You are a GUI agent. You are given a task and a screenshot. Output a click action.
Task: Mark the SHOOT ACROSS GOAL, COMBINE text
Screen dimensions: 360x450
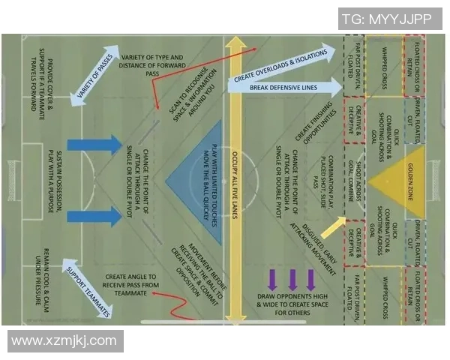click(352, 180)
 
